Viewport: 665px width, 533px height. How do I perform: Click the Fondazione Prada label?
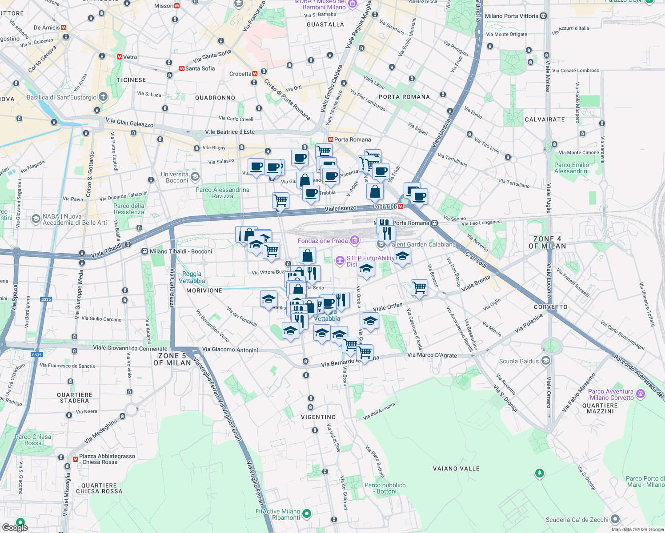(x=323, y=241)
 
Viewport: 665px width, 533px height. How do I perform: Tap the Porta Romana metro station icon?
(x=330, y=139)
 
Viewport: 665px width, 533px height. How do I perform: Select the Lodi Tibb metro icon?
(x=401, y=207)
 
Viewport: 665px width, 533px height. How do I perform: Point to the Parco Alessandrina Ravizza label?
(x=222, y=193)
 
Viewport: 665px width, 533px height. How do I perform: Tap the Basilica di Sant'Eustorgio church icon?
(x=103, y=97)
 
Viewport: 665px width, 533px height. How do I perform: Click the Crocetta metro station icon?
(x=255, y=74)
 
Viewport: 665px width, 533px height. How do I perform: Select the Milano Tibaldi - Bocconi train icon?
(x=144, y=251)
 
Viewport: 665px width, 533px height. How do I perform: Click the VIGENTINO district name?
(x=318, y=417)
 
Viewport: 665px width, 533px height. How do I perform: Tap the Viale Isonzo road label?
(x=341, y=208)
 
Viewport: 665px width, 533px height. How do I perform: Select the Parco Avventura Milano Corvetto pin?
(x=640, y=394)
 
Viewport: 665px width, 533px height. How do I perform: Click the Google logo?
(x=15, y=527)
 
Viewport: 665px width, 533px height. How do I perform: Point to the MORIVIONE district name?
(x=204, y=290)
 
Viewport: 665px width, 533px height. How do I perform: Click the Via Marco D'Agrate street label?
(x=432, y=355)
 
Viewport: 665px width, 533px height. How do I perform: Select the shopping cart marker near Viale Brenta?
(x=419, y=287)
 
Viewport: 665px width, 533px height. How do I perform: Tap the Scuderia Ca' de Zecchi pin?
(x=615, y=519)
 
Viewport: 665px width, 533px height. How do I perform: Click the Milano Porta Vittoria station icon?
(x=543, y=16)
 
